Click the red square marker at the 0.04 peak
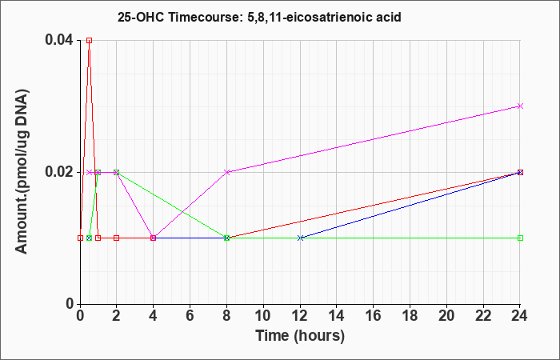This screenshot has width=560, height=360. click(90, 40)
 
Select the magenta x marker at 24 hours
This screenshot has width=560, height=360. click(520, 106)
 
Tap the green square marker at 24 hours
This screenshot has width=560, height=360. click(520, 238)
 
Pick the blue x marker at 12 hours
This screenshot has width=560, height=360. click(300, 238)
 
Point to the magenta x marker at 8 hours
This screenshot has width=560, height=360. click(226, 172)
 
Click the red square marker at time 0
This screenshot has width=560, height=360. click(80, 238)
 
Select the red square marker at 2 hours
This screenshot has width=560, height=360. click(117, 238)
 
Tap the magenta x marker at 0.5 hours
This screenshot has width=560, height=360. click(90, 172)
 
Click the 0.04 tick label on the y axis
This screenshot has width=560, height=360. click(59, 40)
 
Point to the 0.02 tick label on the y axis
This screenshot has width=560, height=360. click(59, 172)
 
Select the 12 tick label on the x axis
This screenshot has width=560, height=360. click(300, 316)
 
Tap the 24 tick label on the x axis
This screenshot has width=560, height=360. click(520, 316)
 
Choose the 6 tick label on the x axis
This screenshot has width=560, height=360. click(190, 316)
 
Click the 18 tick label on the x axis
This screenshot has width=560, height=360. click(410, 316)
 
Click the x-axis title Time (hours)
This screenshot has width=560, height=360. click(300, 336)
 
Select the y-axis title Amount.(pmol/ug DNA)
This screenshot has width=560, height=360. click(22, 171)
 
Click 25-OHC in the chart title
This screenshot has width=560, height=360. click(141, 17)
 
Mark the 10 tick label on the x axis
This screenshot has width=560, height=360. click(263, 316)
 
